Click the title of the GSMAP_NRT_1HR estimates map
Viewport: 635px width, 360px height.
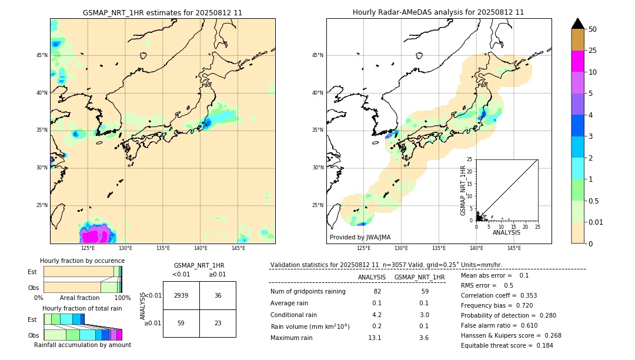pos(162,12)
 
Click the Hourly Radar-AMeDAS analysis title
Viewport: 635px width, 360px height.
pos(438,12)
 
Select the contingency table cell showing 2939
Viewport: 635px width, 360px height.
pos(181,295)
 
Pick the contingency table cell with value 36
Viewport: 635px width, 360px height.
pos(218,295)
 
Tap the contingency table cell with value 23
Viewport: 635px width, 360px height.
pos(218,323)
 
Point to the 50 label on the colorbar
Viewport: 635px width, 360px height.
pos(593,29)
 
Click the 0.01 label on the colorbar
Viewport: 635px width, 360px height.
pos(596,222)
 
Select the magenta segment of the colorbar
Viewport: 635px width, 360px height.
pos(578,61)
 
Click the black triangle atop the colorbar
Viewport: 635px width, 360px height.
pos(578,24)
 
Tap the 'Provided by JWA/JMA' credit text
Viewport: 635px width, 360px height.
pos(360,238)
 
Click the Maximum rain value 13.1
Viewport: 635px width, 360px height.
pos(375,338)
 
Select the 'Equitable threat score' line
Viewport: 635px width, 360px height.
pos(507,345)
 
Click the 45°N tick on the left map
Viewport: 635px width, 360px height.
pos(42,55)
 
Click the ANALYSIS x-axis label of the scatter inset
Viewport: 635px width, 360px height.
pos(506,232)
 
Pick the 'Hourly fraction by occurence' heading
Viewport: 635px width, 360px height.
pos(82,261)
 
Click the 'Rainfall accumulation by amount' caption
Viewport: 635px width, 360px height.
pos(82,345)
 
